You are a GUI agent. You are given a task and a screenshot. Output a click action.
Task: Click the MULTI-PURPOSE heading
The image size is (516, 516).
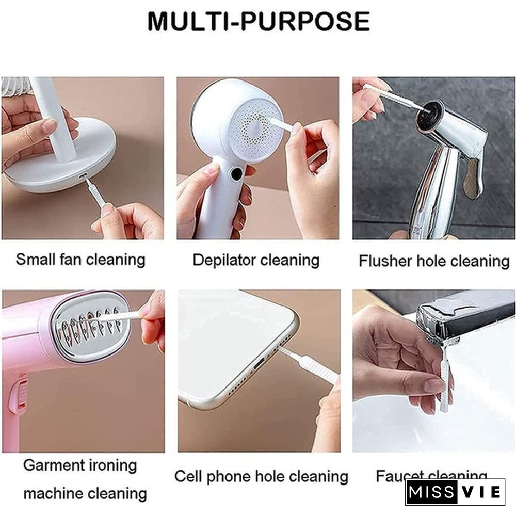coord(259,22)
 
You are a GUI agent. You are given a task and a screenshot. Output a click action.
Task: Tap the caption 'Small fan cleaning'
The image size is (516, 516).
coord(80,259)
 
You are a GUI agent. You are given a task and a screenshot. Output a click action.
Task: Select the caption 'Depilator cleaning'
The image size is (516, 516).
coord(256,260)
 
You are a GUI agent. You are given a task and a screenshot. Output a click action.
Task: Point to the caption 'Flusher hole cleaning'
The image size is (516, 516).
coord(434,261)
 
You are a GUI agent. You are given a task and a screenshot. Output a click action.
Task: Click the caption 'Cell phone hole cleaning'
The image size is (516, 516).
coord(261,476)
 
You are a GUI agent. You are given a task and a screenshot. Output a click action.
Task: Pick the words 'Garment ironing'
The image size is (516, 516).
coord(80,465)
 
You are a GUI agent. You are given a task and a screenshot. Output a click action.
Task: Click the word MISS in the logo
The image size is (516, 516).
coord(431,492)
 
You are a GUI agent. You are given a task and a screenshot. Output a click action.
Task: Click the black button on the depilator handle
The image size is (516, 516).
coord(236,174)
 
